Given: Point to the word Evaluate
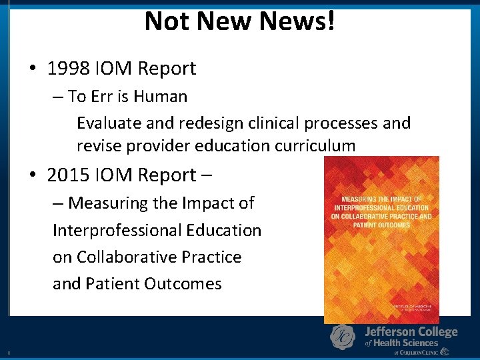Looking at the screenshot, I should [x=107, y=123].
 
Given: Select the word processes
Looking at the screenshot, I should [x=340, y=123].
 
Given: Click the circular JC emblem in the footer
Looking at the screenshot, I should [x=343, y=337].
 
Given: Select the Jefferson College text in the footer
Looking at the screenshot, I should [x=411, y=331].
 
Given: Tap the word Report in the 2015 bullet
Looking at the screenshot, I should [x=168, y=175].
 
